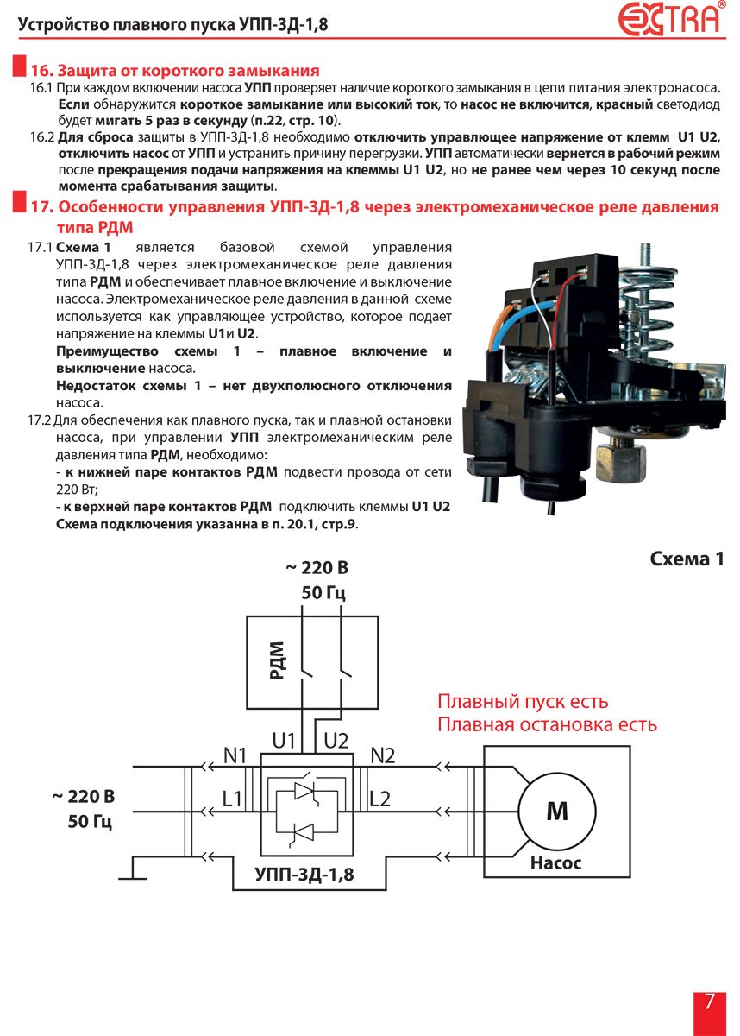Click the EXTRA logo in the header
coord(671,18)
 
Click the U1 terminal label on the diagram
coord(283,741)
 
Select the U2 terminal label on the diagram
coord(336,741)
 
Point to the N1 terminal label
coord(235,755)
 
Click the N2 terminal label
coord(382,755)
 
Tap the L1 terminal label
coord(232,799)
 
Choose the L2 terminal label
coord(379,799)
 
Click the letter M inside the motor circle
coord(556,811)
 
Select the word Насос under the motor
coord(555,862)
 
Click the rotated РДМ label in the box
coord(276,660)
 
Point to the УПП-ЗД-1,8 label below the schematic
coord(304,874)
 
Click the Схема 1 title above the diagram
coord(687,559)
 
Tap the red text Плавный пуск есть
coord(523,701)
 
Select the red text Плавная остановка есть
coord(547,724)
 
